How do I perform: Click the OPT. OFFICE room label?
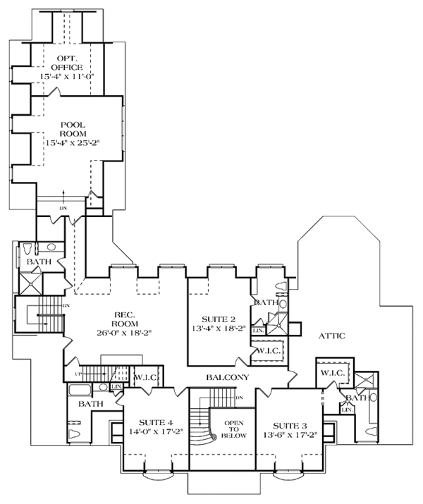(x=66, y=61)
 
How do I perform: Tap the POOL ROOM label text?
(x=73, y=129)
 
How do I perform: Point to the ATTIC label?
(x=331, y=336)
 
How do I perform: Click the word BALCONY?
(x=228, y=378)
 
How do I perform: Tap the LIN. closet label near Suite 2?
(x=258, y=330)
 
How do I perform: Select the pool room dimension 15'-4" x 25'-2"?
(x=73, y=142)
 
